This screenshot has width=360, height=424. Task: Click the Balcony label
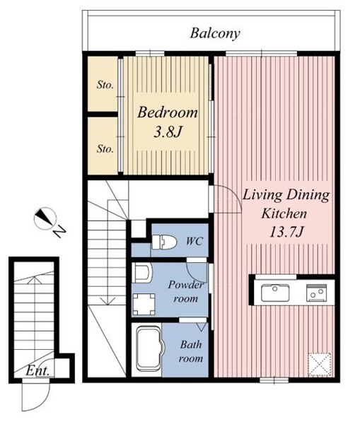pos(215,34)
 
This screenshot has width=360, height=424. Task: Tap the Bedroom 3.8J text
pos(168,122)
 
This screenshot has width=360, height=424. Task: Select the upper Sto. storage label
pos(105,85)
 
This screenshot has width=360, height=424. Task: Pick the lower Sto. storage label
pos(105,148)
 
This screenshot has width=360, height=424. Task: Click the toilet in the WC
pos(164,242)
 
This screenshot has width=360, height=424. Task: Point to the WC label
pos(194,241)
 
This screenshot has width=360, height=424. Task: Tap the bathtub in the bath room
pos(149,349)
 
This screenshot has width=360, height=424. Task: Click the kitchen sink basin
pos(275,293)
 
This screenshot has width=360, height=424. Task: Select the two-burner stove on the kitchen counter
pos(316,293)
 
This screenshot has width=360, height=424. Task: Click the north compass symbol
pos(45,218)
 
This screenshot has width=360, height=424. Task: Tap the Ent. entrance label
pos(37,371)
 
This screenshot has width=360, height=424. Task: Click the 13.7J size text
pos(286,232)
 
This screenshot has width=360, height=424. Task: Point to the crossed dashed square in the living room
pos(320,364)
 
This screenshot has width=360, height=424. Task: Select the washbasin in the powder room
pos(142,273)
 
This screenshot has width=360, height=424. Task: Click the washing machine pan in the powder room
pos(144,304)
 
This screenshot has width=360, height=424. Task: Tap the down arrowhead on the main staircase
pos(108,301)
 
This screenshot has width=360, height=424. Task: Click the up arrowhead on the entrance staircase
pos(35,280)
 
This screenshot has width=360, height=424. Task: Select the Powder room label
pos(186,291)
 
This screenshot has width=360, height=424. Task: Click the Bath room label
pos(190,351)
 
